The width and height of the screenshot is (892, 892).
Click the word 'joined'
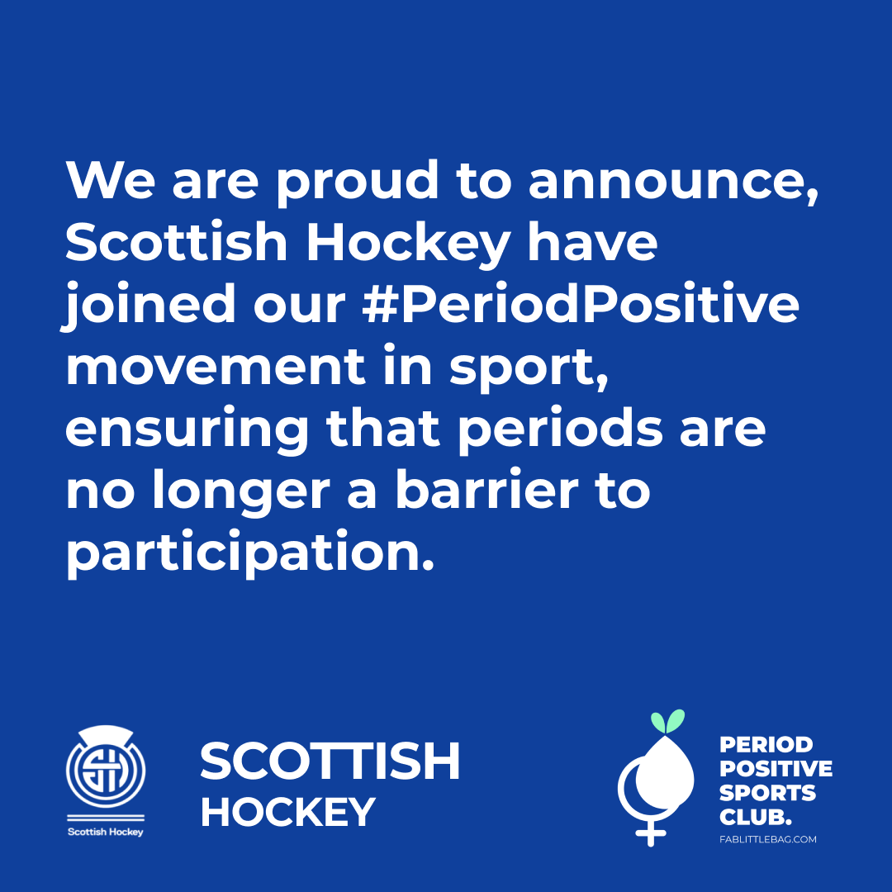(x=149, y=306)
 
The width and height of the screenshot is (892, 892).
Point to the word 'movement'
(x=216, y=367)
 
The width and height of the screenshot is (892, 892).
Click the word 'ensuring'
(x=187, y=430)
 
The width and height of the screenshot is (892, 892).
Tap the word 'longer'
(x=241, y=491)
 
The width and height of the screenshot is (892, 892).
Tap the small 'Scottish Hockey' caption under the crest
(x=106, y=832)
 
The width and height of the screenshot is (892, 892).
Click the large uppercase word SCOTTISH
(x=330, y=762)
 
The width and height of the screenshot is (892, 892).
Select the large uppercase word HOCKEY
(x=288, y=812)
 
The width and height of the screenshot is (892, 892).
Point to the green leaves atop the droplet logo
(x=668, y=721)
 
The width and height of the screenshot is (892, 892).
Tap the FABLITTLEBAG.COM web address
(x=767, y=839)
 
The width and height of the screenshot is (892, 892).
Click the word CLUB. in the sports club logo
(x=756, y=818)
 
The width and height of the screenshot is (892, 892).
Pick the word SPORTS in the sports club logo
(x=767, y=793)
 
